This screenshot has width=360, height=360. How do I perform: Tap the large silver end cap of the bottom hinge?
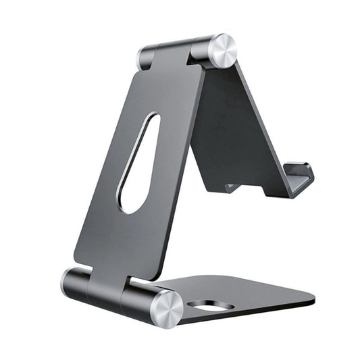(165, 308)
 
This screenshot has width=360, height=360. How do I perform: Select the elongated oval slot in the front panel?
(140, 163)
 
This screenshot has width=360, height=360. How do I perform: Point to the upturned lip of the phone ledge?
(301, 178)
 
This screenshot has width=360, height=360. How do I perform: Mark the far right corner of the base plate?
(312, 297)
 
